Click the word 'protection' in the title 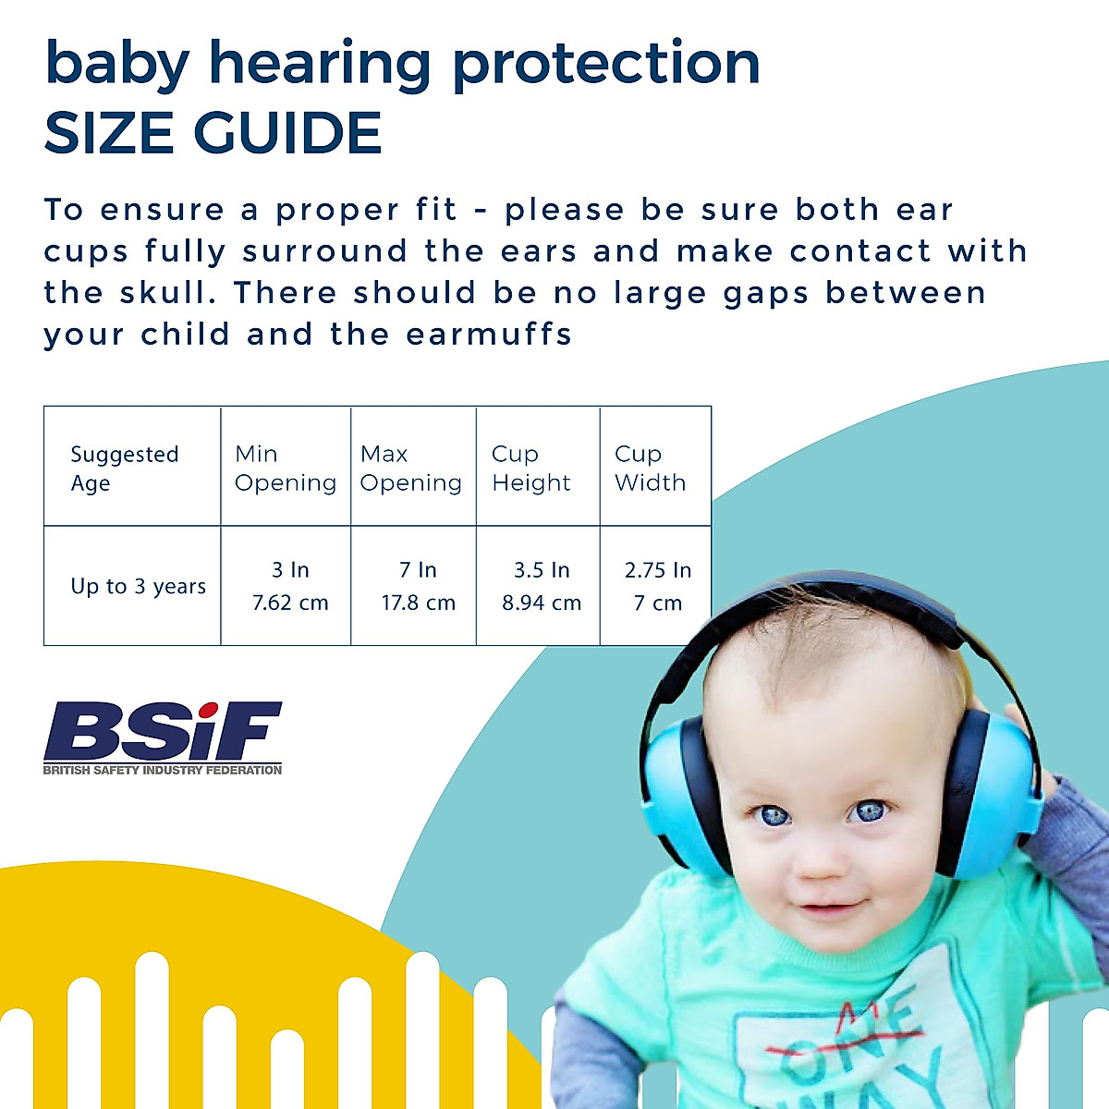605,65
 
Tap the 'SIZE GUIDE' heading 213,132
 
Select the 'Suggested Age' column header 124,469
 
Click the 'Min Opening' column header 285,469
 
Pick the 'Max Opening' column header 410,469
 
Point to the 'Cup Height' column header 530,469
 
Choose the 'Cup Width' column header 650,469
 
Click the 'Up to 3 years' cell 138,587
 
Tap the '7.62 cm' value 290,603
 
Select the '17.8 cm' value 418,603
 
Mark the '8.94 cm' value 542,603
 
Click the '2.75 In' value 657,570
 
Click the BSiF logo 163,731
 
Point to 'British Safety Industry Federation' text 163,770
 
